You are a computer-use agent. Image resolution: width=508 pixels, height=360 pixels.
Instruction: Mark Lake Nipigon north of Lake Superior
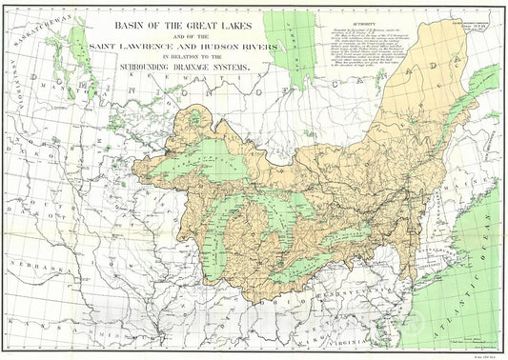(198, 120)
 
